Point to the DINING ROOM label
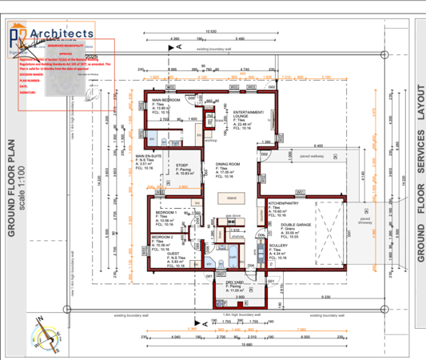229,163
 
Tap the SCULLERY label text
278,246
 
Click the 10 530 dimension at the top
210,30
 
